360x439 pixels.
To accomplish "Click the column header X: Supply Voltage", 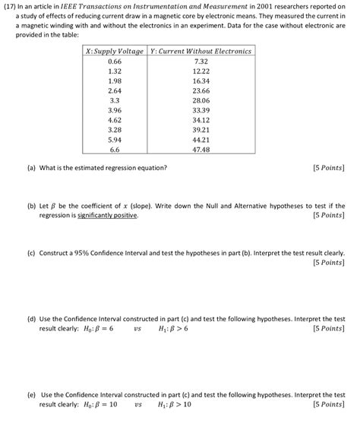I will point(115,51).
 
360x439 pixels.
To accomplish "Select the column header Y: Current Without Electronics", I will point(201,51).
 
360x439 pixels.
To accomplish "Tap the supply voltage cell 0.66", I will point(115,61).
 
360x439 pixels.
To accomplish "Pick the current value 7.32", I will point(201,61).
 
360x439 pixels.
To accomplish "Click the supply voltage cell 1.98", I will point(115,81).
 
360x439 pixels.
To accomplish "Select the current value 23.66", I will point(201,90).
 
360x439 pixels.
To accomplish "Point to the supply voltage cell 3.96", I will point(115,110).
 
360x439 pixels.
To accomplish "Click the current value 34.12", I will point(201,120).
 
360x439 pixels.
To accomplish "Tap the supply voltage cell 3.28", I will point(115,130).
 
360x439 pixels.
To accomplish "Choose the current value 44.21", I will point(201,140).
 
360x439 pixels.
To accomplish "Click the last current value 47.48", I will point(201,150).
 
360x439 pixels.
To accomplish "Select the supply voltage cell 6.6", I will point(115,150).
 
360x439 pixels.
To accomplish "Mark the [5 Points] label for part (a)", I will point(328,168).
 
